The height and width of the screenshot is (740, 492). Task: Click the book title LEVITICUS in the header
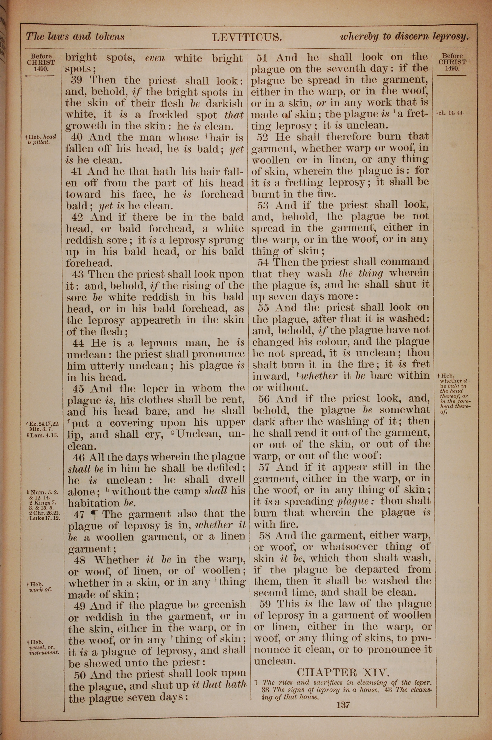point(247,37)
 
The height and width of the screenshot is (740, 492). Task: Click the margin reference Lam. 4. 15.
point(43,435)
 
